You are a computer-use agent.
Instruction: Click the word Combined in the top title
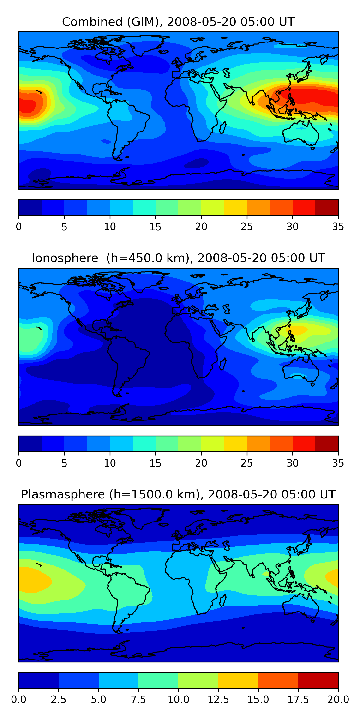[x=92, y=22]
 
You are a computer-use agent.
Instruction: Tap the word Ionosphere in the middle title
[x=65, y=258]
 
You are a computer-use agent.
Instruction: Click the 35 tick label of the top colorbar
[x=338, y=227]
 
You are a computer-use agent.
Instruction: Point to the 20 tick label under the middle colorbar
[x=201, y=463]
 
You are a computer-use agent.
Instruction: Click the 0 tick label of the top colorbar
[x=19, y=227]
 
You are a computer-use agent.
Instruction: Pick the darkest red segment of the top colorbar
[x=326, y=207]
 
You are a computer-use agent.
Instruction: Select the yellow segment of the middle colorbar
[x=235, y=444]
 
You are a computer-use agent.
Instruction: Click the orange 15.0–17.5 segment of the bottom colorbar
[x=278, y=680]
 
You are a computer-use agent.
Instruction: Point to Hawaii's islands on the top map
[x=39, y=91]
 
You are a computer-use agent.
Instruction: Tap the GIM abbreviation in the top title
[x=143, y=22]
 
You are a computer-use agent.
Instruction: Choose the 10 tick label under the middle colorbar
[x=110, y=463]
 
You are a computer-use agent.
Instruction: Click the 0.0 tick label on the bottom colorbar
[x=19, y=699]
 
